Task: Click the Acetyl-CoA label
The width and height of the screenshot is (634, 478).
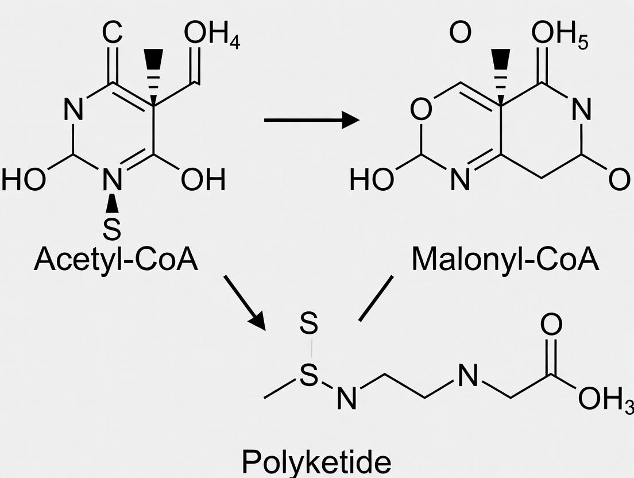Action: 115,260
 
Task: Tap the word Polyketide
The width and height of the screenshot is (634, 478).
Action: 316,462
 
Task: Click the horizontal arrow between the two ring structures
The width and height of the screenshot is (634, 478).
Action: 311,120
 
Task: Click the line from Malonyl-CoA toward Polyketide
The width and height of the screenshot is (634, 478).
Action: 376,298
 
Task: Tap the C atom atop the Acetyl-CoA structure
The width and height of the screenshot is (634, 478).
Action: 113,34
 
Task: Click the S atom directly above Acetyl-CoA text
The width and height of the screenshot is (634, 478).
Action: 113,229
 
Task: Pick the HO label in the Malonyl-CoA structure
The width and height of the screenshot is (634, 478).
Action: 371,180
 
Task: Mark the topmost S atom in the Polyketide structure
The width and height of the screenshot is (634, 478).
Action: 308,326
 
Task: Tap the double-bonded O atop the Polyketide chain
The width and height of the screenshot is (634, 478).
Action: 551,326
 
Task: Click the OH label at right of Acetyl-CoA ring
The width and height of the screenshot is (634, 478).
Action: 203,180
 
